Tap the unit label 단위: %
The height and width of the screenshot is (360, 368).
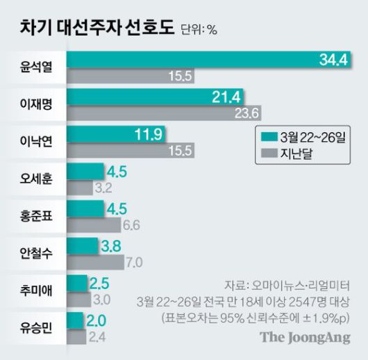(x=199, y=30)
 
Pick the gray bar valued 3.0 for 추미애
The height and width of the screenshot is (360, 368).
(x=78, y=300)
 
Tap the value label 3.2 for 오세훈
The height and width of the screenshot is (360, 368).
(x=103, y=188)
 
